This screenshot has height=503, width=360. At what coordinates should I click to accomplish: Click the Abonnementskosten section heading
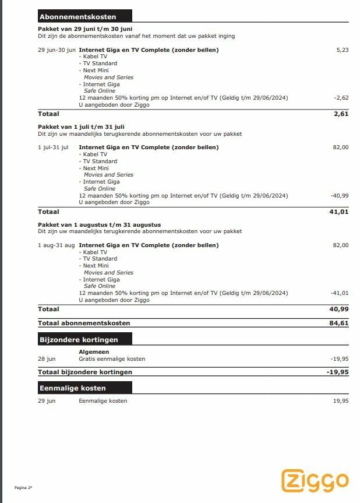click(77, 17)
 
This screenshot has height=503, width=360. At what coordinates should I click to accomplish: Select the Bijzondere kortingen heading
click(79, 339)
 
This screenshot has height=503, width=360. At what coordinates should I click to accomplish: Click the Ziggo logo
click(315, 480)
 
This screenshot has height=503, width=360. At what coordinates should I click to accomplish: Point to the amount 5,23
click(343, 50)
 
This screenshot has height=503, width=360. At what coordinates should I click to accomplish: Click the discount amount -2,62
click(341, 98)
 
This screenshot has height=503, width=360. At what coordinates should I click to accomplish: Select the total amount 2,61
click(341, 114)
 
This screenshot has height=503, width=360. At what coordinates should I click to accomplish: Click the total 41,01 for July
click(339, 212)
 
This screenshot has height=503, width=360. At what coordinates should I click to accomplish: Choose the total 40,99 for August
click(339, 309)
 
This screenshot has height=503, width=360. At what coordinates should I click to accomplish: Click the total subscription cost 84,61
click(339, 323)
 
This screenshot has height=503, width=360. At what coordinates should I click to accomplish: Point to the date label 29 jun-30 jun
click(57, 50)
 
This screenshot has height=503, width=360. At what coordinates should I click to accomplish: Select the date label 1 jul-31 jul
click(53, 147)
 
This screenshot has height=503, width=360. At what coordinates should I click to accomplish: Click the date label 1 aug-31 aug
click(56, 245)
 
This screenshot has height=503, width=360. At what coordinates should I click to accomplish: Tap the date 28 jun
click(47, 359)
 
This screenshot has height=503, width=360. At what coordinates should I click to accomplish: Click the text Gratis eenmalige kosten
click(112, 359)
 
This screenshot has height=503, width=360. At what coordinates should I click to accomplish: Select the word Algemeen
click(93, 352)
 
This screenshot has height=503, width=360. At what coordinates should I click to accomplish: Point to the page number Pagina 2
click(23, 487)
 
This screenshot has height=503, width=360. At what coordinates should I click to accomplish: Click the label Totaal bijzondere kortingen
click(85, 372)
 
